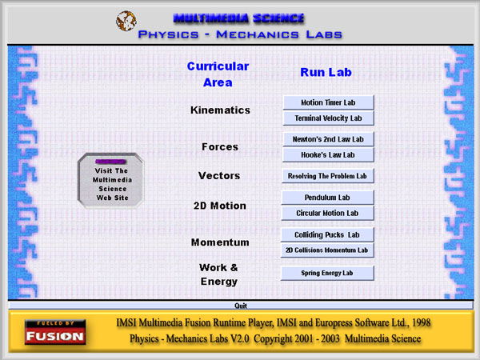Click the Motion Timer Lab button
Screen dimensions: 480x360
pyautogui.click(x=329, y=102)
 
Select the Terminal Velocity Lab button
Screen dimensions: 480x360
pyautogui.click(x=329, y=118)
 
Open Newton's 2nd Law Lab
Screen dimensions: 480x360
pyautogui.click(x=328, y=139)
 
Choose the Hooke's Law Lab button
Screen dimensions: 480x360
pyautogui.click(x=328, y=155)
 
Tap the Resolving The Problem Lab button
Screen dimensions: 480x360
pyautogui.click(x=327, y=176)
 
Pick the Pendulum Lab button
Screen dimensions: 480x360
pyautogui.click(x=327, y=198)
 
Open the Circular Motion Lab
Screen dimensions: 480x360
pyautogui.click(x=327, y=213)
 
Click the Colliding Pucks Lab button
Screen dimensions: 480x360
pyautogui.click(x=327, y=234)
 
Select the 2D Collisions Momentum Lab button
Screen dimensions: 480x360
pyautogui.click(x=327, y=250)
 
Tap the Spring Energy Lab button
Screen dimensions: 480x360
pyautogui.click(x=327, y=273)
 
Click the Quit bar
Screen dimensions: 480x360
pyautogui.click(x=241, y=306)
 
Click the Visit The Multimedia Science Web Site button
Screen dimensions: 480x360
pyautogui.click(x=111, y=181)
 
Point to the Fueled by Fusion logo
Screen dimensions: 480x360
pyautogui.click(x=55, y=332)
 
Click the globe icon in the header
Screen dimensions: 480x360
pyautogui.click(x=126, y=21)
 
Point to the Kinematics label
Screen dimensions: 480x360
pyautogui.click(x=220, y=110)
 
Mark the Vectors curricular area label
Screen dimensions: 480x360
pyautogui.click(x=219, y=176)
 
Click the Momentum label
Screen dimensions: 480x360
pyautogui.click(x=220, y=242)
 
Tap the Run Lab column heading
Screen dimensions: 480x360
pyautogui.click(x=326, y=72)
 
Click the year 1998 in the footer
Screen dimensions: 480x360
pyautogui.click(x=422, y=322)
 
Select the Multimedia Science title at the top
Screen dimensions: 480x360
pyautogui.click(x=238, y=18)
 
